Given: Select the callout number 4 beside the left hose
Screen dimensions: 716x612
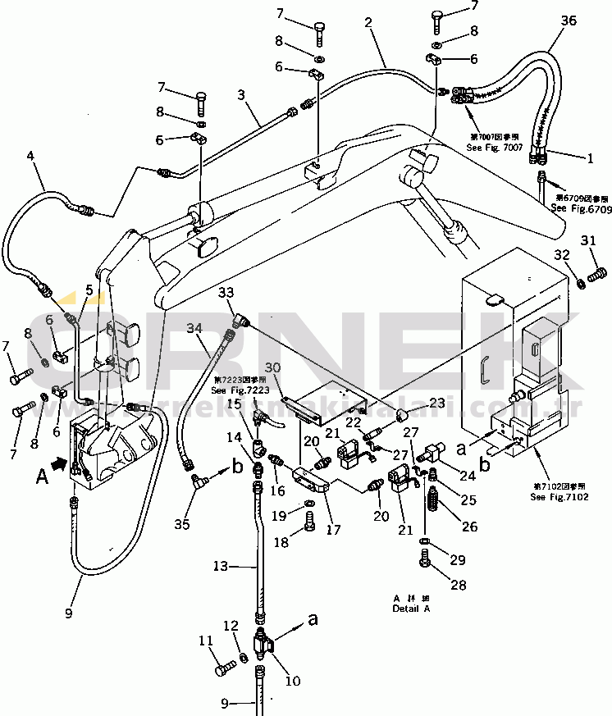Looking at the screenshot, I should pos(30,155).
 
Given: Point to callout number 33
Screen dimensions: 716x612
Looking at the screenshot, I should pos(226,292).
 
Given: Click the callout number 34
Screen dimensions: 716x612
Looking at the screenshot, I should pos(194,328).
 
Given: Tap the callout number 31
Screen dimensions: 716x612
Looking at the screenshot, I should pos(588,240).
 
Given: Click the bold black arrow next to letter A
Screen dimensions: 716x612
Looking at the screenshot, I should pos(58,464).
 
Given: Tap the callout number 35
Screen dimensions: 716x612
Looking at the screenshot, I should pos(182,522).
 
